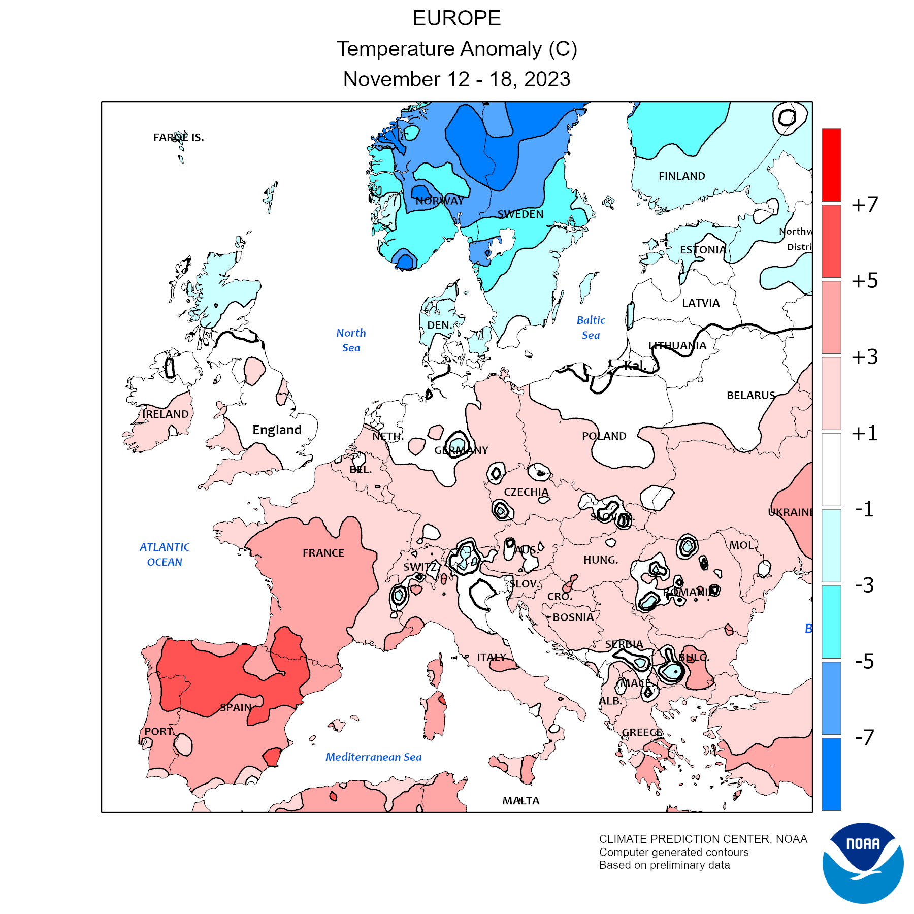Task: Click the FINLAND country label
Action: (x=681, y=176)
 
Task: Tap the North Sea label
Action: (x=351, y=340)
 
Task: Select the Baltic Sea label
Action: (x=591, y=328)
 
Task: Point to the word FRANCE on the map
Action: (x=323, y=553)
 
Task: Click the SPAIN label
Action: (x=236, y=707)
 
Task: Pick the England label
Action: (x=277, y=430)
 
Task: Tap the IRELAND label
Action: (x=165, y=414)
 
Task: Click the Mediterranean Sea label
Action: (x=373, y=757)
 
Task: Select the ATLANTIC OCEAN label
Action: (x=165, y=554)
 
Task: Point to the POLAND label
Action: (x=604, y=436)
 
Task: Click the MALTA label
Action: (x=521, y=801)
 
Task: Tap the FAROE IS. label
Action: (x=178, y=137)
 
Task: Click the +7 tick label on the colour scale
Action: (x=865, y=205)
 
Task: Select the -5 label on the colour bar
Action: (x=865, y=661)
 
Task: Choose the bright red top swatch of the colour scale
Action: (x=831, y=165)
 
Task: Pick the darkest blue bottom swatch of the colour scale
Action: (x=831, y=774)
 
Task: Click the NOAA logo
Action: (x=863, y=863)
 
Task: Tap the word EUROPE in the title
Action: (x=456, y=19)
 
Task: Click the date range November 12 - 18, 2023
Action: (x=456, y=79)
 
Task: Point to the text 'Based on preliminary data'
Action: (x=664, y=865)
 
